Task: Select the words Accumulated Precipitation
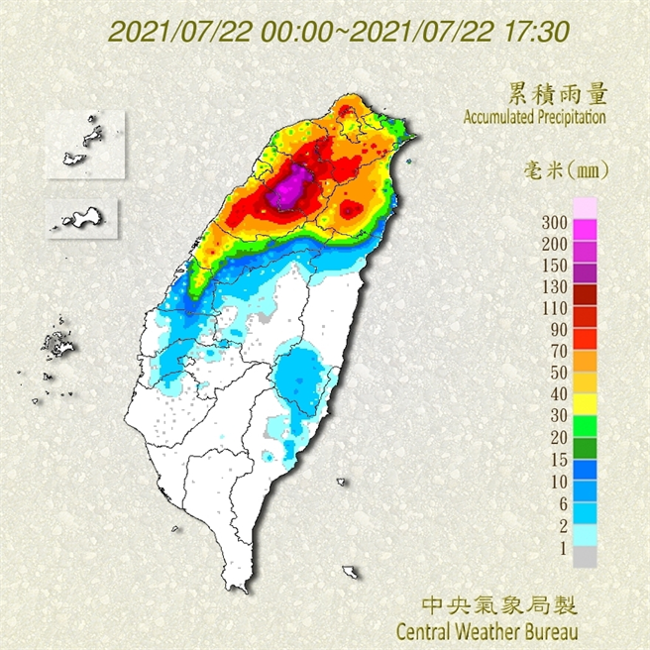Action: (x=534, y=117)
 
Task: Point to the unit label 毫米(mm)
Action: (x=565, y=170)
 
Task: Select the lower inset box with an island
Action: (x=82, y=215)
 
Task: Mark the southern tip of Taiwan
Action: (x=238, y=586)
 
